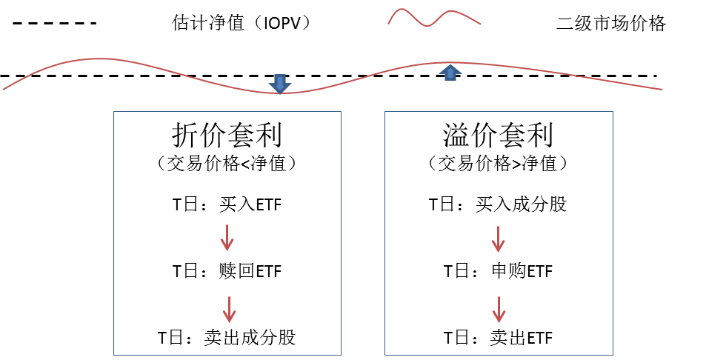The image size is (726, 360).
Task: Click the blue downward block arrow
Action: click(279, 83)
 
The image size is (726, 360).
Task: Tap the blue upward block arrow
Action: click(450, 73)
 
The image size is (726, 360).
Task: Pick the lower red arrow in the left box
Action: click(229, 310)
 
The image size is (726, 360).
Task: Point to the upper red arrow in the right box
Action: click(499, 239)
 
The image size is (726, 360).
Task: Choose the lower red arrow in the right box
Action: click(499, 310)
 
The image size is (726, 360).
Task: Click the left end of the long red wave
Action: click(4, 90)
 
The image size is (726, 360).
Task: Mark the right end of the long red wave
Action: click(662, 90)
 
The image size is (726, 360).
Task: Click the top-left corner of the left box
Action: click(113, 112)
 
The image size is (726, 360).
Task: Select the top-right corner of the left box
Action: click(341, 112)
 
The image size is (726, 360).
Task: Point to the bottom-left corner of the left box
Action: click(113, 355)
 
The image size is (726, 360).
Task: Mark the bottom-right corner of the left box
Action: click(341, 355)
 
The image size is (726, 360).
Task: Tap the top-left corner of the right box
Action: click(385, 112)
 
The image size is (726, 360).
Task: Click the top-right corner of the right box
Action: click(613, 112)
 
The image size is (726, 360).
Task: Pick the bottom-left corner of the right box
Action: click(385, 355)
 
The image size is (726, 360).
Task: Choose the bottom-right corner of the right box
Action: click(613, 355)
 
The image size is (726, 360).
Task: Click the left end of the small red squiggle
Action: click(388, 24)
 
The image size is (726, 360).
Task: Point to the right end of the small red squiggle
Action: click(481, 24)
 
